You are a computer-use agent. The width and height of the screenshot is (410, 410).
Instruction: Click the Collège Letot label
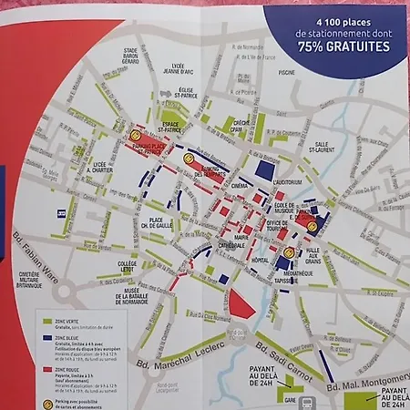(128, 268)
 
